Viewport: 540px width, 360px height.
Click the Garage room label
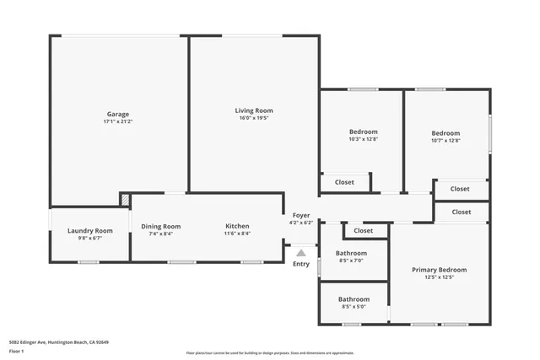click(x=117, y=114)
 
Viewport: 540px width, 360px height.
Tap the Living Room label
click(x=254, y=110)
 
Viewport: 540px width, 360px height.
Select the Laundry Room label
click(x=90, y=230)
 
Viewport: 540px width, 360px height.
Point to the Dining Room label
click(x=160, y=226)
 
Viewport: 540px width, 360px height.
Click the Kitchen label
click(x=237, y=226)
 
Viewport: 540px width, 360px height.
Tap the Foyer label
click(x=301, y=216)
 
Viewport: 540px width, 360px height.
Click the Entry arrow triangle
click(x=301, y=251)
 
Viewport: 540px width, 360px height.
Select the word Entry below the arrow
click(x=301, y=264)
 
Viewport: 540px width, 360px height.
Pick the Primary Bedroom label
click(x=439, y=270)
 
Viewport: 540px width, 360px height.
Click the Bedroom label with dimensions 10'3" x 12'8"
click(x=363, y=132)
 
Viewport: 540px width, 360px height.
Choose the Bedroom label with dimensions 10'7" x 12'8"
click(x=445, y=133)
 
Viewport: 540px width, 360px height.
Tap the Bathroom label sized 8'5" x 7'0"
click(x=351, y=253)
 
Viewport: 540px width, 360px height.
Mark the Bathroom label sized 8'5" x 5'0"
click(x=354, y=299)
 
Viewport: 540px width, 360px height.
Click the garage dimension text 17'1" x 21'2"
click(x=117, y=122)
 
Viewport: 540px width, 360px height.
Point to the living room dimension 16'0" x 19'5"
click(x=254, y=119)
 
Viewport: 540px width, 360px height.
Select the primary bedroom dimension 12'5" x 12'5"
click(x=439, y=277)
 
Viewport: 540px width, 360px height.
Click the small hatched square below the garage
click(x=125, y=200)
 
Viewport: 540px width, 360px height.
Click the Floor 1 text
click(x=17, y=350)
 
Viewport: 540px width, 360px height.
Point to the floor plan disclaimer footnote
click(x=270, y=352)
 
